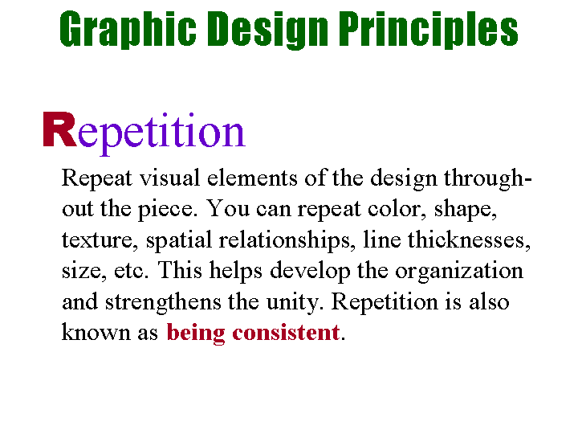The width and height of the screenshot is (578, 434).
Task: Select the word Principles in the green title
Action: pos(429,29)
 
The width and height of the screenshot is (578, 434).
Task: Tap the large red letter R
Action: pos(59,129)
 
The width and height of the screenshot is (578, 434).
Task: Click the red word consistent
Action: pos(286,332)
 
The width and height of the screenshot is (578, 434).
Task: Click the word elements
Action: pos(252,178)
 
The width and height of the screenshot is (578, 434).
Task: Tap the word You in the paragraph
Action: pos(228,208)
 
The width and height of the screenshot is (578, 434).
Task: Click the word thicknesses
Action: pos(469,240)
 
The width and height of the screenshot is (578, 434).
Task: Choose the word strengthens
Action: pos(163,303)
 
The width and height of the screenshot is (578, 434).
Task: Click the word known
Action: pos(96,332)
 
